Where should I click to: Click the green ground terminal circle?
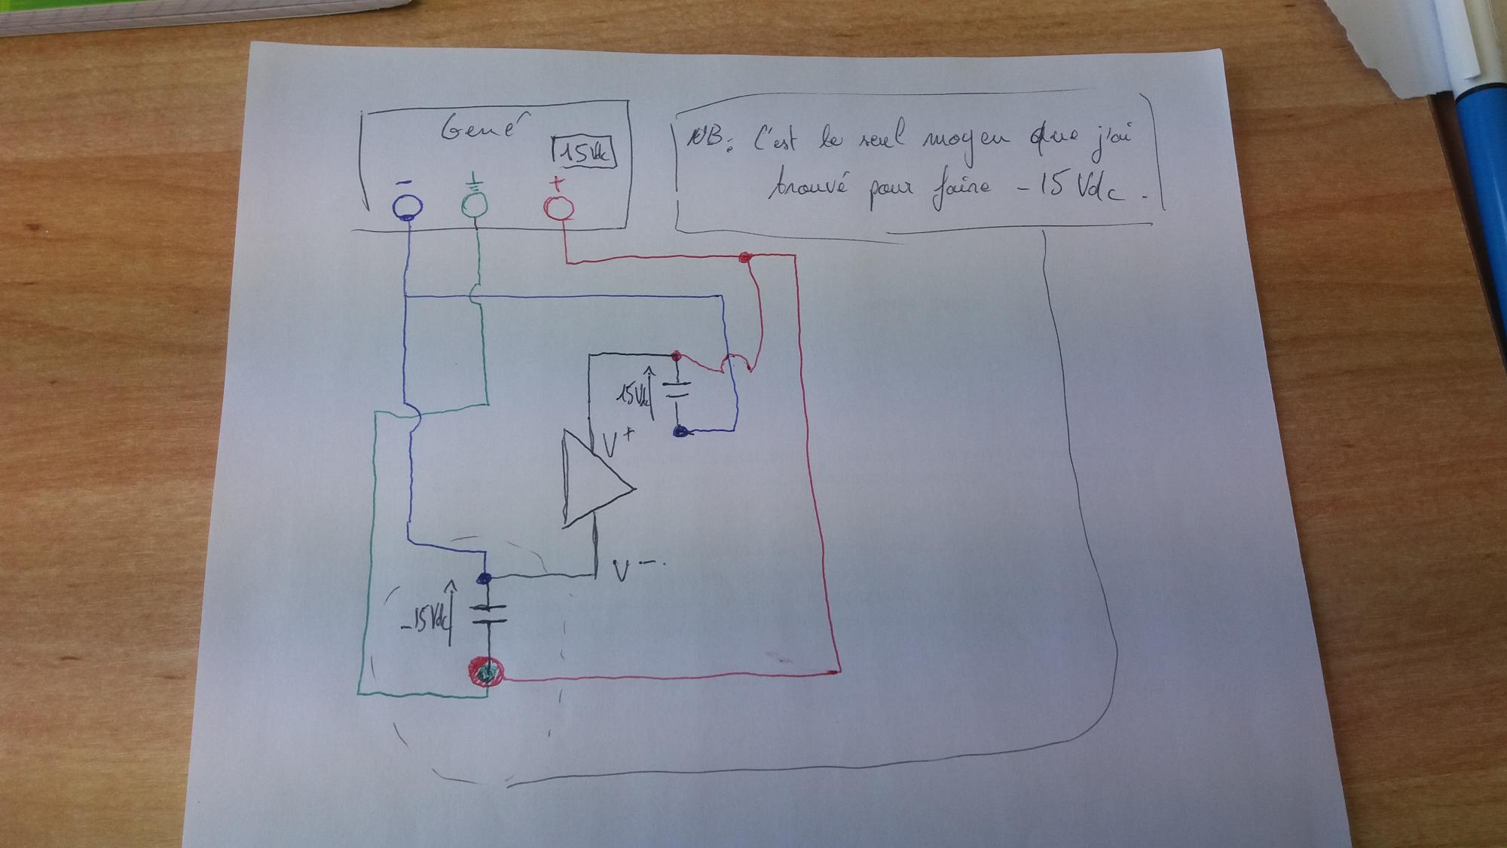[475, 204]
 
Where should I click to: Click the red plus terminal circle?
[558, 207]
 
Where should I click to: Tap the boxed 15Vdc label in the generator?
[585, 154]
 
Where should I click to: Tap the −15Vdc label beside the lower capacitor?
[426, 620]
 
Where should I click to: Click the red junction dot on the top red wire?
[745, 258]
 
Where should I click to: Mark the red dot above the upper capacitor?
[676, 355]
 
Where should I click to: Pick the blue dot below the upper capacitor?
[680, 432]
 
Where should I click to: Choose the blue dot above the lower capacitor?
[485, 578]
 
